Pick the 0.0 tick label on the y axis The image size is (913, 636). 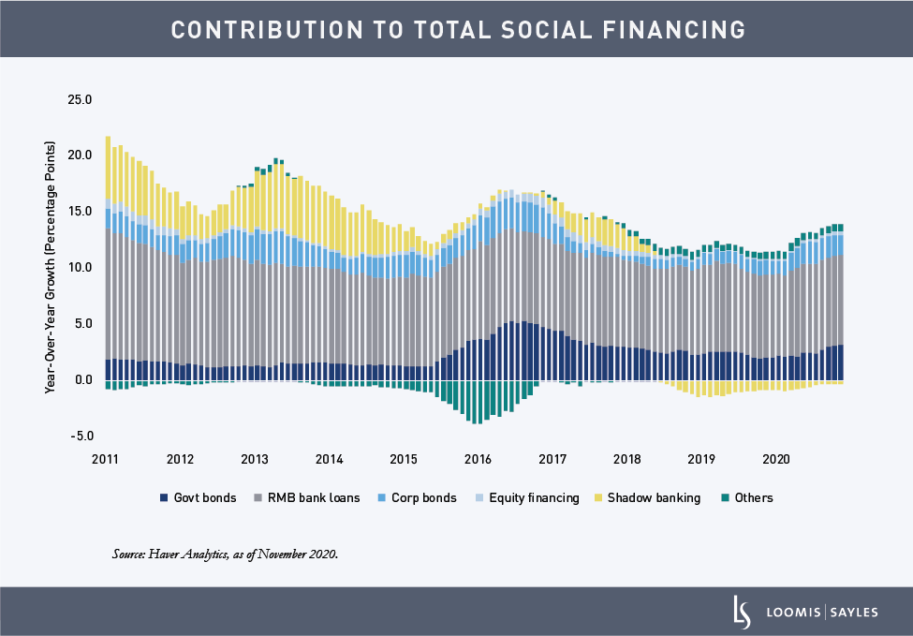pos(83,380)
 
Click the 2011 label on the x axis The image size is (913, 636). pos(106,459)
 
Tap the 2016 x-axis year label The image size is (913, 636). pos(479,459)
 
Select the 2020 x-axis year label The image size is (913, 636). pos(776,459)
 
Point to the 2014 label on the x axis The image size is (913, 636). pos(330,459)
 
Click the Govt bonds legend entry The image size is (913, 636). pos(199,498)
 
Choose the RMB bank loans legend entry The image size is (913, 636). pos(306,498)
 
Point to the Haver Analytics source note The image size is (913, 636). pos(225,555)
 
